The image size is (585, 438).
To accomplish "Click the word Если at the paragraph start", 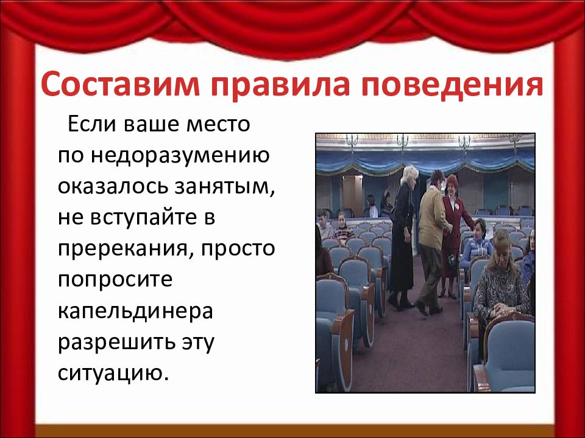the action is [x=91, y=124].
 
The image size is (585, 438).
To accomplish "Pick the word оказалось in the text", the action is [x=113, y=186].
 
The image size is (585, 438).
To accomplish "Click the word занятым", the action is [x=224, y=187].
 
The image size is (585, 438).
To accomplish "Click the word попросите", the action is [x=115, y=280].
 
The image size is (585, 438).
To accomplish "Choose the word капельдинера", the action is [x=135, y=311].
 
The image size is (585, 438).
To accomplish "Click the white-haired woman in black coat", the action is [x=402, y=237].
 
